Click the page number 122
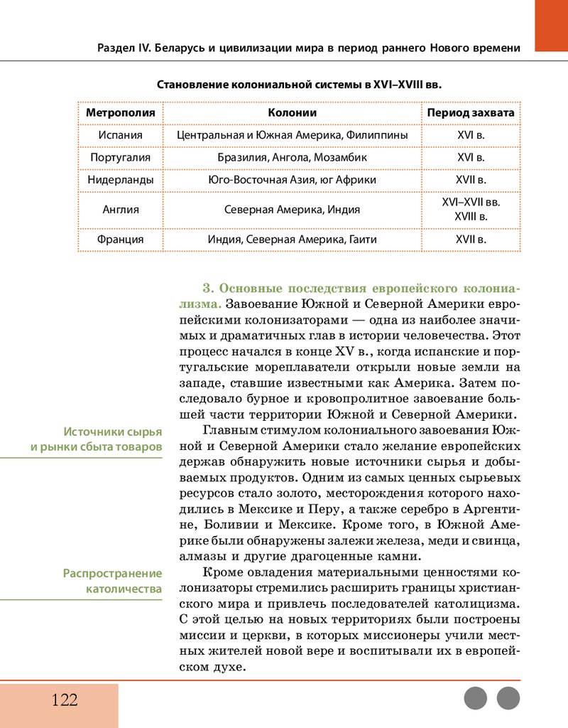coord(64,700)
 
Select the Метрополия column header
coord(120,113)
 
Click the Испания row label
coord(120,135)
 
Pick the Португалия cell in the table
coord(120,157)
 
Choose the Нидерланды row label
coord(120,180)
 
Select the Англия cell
coord(120,210)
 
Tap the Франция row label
coord(120,240)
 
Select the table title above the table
coord(298,85)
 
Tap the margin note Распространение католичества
coord(112,581)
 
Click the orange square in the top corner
coord(551,26)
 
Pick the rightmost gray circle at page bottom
coord(508,698)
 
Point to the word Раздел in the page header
coord(115,48)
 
